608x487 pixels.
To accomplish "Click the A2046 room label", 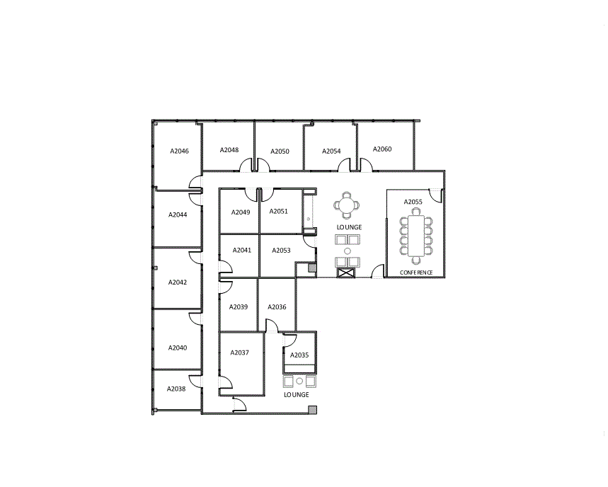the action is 179,151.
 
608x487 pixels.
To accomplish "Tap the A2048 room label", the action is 229,150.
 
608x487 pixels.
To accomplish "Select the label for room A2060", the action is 382,149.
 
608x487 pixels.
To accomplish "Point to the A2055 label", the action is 413,202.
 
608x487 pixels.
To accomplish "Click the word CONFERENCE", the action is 416,273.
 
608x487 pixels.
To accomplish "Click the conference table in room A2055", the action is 416,236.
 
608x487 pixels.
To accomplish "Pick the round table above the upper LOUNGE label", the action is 347,205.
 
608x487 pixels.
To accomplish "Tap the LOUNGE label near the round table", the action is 349,227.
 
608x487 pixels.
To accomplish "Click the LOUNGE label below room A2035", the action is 297,395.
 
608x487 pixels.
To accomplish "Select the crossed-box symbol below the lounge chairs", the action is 346,273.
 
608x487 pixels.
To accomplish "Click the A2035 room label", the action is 299,355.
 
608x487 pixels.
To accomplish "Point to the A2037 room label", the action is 240,353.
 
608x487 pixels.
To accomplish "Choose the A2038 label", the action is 176,389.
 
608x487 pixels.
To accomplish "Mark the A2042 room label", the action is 178,282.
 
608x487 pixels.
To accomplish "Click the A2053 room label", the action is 281,251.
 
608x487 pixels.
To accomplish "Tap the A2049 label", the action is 241,212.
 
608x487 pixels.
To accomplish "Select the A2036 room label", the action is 277,307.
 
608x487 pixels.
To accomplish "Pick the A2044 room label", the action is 178,214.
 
